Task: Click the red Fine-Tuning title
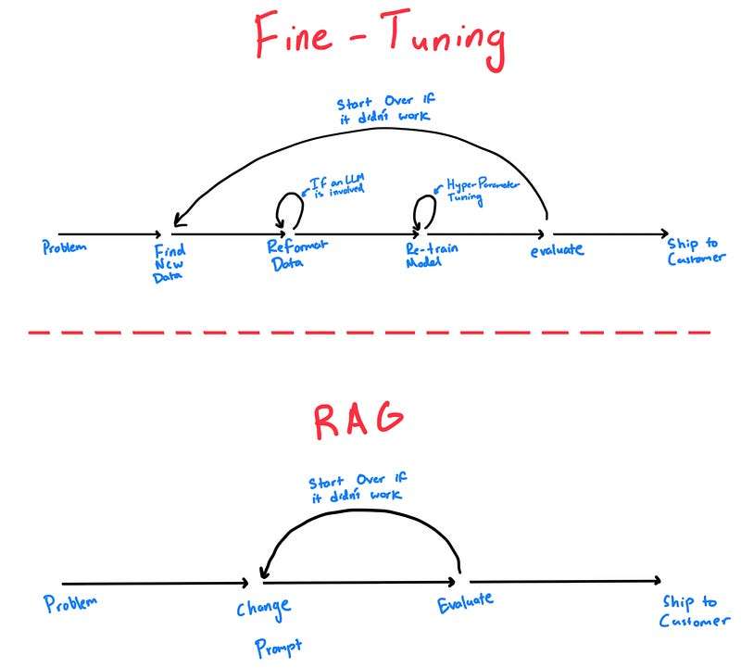coord(381,39)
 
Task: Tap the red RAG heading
coord(358,421)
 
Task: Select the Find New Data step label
coord(170,263)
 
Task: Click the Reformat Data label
coord(296,255)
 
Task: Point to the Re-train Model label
coord(432,255)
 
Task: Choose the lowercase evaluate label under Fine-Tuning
coord(557,249)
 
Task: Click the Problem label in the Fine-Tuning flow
coord(64,247)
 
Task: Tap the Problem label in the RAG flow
coord(70,604)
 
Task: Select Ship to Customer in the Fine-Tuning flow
coord(696,251)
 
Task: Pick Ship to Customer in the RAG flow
coord(694,611)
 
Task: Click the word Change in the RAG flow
coord(264,609)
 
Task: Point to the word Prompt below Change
coord(278,648)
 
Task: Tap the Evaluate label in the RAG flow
coord(465,603)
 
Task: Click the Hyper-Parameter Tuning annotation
coord(481,191)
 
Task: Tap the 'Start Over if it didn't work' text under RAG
coord(358,487)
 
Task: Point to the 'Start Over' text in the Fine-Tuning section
coord(385,108)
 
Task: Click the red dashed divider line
coord(369,333)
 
